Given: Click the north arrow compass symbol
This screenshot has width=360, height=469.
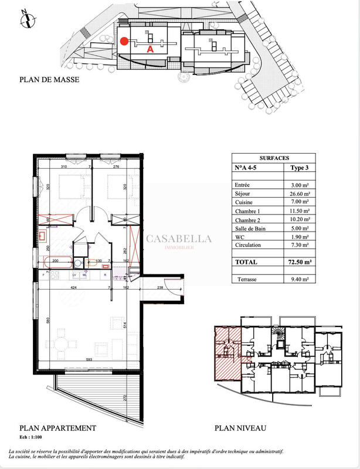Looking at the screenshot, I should point(25,19).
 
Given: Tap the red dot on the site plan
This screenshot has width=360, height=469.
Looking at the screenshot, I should point(124,41).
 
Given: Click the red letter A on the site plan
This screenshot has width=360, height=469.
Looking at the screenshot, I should point(150,50).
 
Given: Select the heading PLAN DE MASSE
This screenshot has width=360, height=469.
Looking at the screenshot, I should point(49,80).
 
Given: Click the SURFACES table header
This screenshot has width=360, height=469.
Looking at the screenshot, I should point(273,158).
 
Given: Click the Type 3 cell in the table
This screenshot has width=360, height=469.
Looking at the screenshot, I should point(301,168).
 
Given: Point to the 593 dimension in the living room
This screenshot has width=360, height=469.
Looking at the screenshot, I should point(89,359).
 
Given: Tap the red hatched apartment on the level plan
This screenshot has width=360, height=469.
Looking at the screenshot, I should point(226,352).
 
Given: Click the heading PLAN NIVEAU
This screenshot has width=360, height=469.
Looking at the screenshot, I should point(240,428).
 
